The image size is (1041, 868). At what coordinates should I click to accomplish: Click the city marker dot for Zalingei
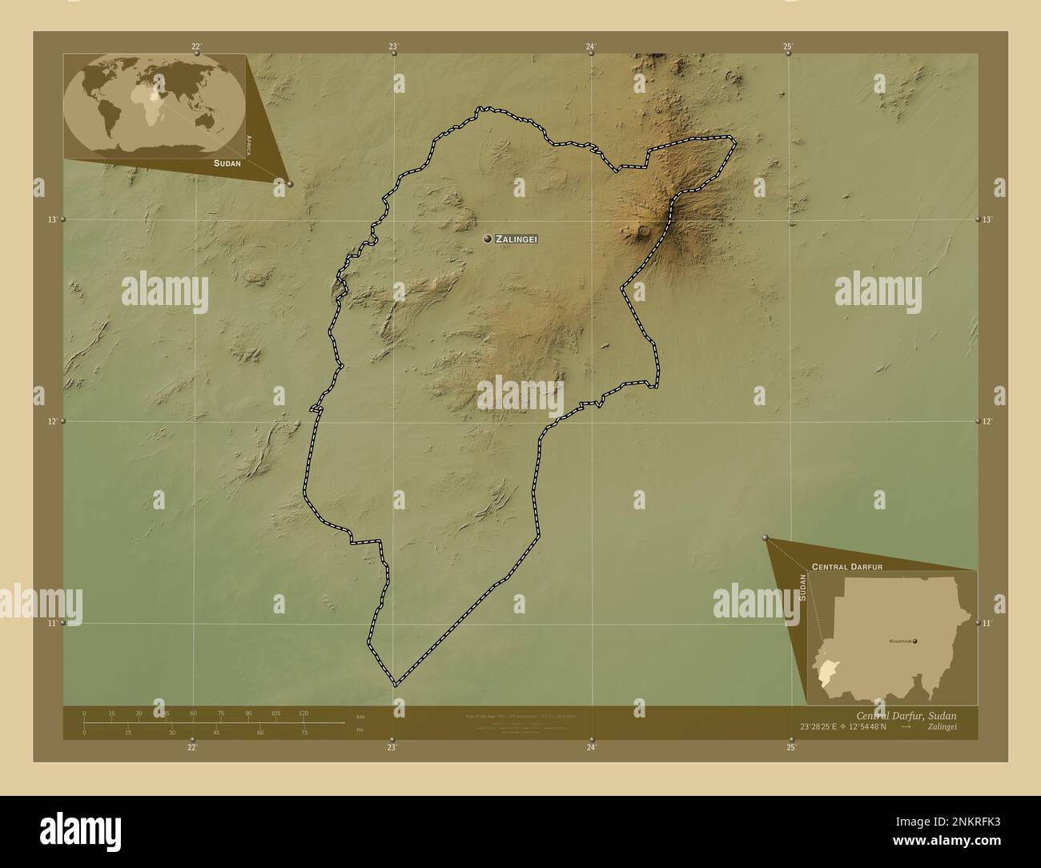pyautogui.click(x=487, y=239)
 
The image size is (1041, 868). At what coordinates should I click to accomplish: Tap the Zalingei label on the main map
pyautogui.click(x=516, y=239)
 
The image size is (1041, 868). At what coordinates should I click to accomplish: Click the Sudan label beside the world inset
pyautogui.click(x=227, y=163)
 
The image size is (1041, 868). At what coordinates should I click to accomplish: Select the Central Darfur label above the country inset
pyautogui.click(x=847, y=566)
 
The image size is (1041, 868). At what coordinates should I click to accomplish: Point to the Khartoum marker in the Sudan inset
pyautogui.click(x=914, y=641)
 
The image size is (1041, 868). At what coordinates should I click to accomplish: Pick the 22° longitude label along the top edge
pyautogui.click(x=196, y=46)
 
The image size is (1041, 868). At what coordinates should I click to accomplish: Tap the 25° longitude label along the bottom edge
pyautogui.click(x=791, y=747)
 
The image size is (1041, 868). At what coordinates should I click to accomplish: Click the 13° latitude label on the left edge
pyautogui.click(x=51, y=219)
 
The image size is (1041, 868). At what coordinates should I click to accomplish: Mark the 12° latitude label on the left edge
pyautogui.click(x=51, y=421)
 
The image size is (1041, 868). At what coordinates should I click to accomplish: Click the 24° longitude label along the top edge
pyautogui.click(x=590, y=46)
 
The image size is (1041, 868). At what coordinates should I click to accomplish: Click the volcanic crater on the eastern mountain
pyautogui.click(x=643, y=231)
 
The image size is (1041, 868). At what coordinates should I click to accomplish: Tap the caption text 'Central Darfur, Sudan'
pyautogui.click(x=906, y=715)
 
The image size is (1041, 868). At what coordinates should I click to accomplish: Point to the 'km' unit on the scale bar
pyautogui.click(x=360, y=716)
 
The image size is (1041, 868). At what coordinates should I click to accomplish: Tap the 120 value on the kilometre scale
pyautogui.click(x=303, y=713)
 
